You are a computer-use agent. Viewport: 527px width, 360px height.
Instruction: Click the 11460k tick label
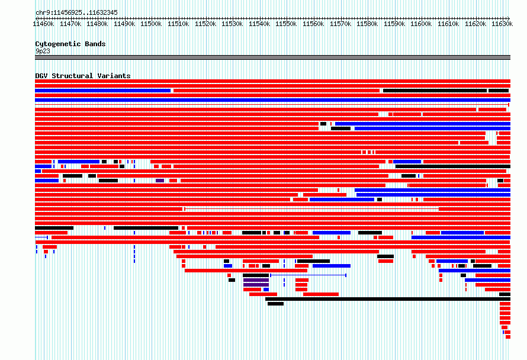(43, 24)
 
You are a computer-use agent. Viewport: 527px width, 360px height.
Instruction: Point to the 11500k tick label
(151, 24)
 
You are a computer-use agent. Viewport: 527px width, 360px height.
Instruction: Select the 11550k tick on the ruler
(287, 18)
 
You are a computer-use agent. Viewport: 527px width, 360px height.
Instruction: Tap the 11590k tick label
(394, 24)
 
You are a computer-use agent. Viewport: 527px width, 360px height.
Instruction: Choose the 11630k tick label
(502, 24)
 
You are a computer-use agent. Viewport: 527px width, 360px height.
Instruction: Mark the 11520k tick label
(205, 24)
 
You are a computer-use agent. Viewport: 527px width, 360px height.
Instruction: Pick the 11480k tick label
(97, 24)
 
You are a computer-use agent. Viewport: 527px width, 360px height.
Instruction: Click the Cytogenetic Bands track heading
(70, 44)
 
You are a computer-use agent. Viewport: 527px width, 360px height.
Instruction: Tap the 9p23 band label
(43, 51)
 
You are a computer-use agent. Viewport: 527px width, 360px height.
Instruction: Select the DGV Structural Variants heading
(83, 76)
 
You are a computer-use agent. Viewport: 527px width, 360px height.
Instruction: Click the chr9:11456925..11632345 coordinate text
(76, 13)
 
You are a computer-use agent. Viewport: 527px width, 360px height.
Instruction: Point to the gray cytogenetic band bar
(272, 57)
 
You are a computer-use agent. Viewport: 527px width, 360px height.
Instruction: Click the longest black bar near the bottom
(388, 299)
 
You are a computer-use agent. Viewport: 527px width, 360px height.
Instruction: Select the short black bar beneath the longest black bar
(275, 304)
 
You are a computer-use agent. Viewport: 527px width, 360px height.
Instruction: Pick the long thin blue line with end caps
(308, 275)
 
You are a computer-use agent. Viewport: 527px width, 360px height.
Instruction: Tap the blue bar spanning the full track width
(272, 100)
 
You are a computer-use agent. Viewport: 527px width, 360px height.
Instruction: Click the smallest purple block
(160, 181)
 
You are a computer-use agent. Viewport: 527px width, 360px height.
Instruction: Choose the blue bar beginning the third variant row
(103, 91)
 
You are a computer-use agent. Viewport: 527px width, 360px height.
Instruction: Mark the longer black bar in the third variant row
(435, 91)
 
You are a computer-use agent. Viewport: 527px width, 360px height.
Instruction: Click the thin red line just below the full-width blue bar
(272, 105)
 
